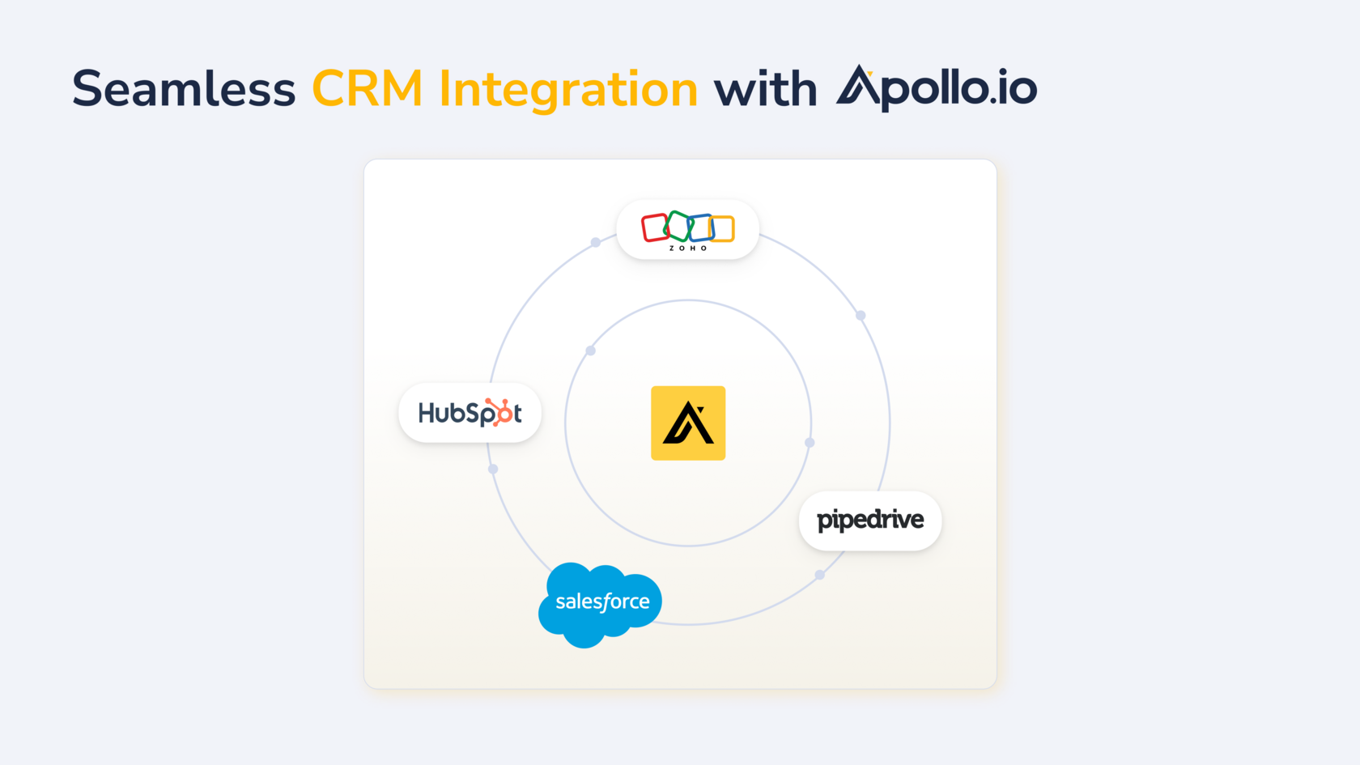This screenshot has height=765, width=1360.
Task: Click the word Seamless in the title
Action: [184, 89]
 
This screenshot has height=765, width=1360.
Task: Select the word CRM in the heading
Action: [368, 89]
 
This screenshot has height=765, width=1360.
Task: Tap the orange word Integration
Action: [568, 91]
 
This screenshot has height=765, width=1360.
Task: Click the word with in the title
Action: [766, 90]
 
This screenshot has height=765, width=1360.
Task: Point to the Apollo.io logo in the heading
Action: [936, 88]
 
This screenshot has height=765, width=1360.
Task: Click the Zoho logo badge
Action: [688, 230]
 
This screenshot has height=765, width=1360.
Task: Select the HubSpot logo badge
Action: [470, 413]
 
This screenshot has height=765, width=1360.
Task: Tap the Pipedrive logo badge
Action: [870, 521]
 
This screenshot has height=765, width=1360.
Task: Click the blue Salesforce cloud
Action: [601, 605]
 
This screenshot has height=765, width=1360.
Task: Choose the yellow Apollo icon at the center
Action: [688, 423]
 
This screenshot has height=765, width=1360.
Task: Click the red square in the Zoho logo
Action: [655, 227]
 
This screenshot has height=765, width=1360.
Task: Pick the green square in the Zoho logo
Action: [678, 226]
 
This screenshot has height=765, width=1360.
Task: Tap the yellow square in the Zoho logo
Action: [722, 229]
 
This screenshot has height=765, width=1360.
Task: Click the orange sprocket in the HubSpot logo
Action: [501, 412]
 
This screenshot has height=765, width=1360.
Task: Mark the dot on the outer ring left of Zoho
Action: [596, 242]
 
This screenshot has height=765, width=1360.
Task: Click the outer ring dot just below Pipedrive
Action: [819, 575]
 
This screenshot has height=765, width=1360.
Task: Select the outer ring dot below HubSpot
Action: [493, 469]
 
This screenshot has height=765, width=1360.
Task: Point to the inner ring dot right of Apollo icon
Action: [810, 443]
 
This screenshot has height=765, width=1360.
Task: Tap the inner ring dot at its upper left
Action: [591, 351]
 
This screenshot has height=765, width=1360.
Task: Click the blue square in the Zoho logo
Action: [700, 227]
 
